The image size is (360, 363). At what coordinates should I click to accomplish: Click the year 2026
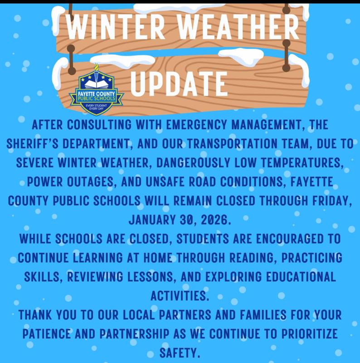213,221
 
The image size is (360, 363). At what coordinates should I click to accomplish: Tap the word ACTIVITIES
180,296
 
